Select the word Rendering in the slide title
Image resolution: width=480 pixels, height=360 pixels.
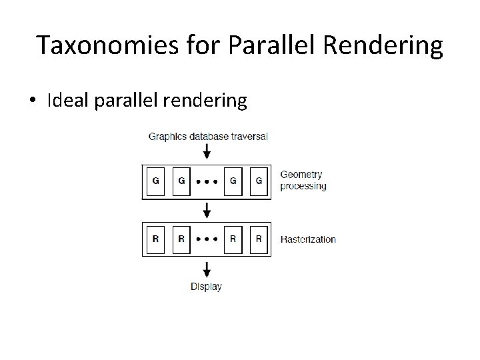tap(388, 46)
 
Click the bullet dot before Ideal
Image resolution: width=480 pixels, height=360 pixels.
tap(32, 101)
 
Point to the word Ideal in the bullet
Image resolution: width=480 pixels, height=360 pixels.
tap(69, 101)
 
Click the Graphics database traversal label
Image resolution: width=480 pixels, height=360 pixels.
tap(208, 137)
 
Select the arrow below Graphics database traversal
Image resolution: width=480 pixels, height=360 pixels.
tap(207, 152)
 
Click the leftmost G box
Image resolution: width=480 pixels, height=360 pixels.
tap(155, 181)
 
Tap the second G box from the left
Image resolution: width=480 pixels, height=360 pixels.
tap(181, 181)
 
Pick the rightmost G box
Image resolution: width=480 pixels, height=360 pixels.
tap(259, 181)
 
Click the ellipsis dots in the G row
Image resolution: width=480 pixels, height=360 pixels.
tap(207, 181)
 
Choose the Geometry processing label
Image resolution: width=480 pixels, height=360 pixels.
tap(303, 181)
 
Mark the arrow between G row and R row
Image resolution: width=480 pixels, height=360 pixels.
tap(207, 211)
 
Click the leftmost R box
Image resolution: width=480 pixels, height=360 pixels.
tap(155, 239)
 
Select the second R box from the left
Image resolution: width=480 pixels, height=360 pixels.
tap(181, 239)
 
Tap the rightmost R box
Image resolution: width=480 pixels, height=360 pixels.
tap(259, 239)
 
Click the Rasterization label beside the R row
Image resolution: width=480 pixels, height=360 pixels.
tap(308, 239)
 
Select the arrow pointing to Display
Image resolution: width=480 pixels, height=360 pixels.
tap(207, 269)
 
